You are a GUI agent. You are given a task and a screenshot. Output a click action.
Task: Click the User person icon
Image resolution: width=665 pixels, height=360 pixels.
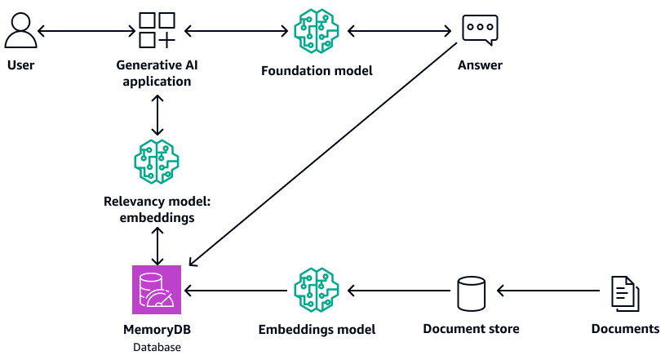pyautogui.click(x=20, y=31)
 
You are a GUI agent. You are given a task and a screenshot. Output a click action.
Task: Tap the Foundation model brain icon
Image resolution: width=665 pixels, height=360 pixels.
pyautogui.click(x=317, y=31)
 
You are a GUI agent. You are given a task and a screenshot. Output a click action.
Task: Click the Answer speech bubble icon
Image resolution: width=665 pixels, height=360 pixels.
pyautogui.click(x=479, y=30)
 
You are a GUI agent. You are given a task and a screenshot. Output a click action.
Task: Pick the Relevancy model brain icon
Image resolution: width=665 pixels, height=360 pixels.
pyautogui.click(x=157, y=161)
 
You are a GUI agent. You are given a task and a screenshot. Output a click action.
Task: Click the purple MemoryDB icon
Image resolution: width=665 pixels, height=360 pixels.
pyautogui.click(x=157, y=290)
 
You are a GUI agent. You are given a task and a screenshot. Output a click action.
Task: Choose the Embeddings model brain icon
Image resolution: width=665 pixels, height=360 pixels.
pyautogui.click(x=317, y=290)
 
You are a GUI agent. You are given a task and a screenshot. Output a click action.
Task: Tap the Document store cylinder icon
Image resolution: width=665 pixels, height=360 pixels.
pyautogui.click(x=471, y=292)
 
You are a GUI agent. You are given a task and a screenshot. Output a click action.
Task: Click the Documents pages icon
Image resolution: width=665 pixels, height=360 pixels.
pyautogui.click(x=624, y=292)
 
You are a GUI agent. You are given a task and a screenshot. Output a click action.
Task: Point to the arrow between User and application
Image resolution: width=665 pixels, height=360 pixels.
pyautogui.click(x=86, y=32)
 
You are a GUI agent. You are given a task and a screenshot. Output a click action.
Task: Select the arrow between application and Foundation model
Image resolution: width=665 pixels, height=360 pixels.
pyautogui.click(x=238, y=32)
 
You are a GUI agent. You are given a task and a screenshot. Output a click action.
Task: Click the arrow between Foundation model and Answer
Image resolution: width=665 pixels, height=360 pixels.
pyautogui.click(x=400, y=32)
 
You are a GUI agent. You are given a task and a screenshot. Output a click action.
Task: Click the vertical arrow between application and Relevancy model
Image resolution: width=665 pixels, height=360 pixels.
pyautogui.click(x=157, y=113)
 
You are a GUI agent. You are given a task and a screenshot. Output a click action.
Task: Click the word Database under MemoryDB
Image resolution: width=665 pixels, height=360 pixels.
pyautogui.click(x=157, y=347)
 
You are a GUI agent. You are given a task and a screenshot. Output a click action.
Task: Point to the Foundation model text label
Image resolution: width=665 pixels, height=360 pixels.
pyautogui.click(x=317, y=71)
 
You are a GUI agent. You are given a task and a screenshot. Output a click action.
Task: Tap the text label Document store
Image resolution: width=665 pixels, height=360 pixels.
pyautogui.click(x=471, y=329)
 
